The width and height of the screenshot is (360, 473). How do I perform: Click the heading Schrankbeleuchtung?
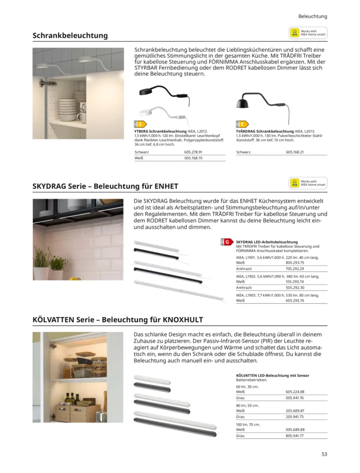click(70, 35)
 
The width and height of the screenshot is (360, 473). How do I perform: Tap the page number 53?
click(324, 454)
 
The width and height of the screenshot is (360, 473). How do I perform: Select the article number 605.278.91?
click(193, 152)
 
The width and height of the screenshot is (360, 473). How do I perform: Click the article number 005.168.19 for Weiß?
click(193, 158)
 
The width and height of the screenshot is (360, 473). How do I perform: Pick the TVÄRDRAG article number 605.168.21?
click(295, 152)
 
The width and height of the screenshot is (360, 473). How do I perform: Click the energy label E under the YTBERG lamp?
click(140, 124)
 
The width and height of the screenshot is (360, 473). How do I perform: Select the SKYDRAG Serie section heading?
click(105, 186)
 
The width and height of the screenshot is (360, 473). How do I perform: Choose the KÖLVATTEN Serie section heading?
click(118, 320)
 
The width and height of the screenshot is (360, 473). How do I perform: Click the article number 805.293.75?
click(295, 262)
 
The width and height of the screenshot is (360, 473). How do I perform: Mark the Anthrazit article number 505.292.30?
click(295, 288)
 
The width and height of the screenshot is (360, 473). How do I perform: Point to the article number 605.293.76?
click(295, 300)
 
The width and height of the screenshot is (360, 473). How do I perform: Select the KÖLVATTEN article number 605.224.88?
click(295, 392)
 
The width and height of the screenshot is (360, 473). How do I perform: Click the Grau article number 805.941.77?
click(295, 436)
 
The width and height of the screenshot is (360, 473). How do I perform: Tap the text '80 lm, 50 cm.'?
click(247, 405)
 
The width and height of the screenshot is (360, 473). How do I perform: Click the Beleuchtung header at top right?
click(312, 16)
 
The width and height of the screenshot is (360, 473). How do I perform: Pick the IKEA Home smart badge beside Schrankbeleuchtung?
click(308, 33)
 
